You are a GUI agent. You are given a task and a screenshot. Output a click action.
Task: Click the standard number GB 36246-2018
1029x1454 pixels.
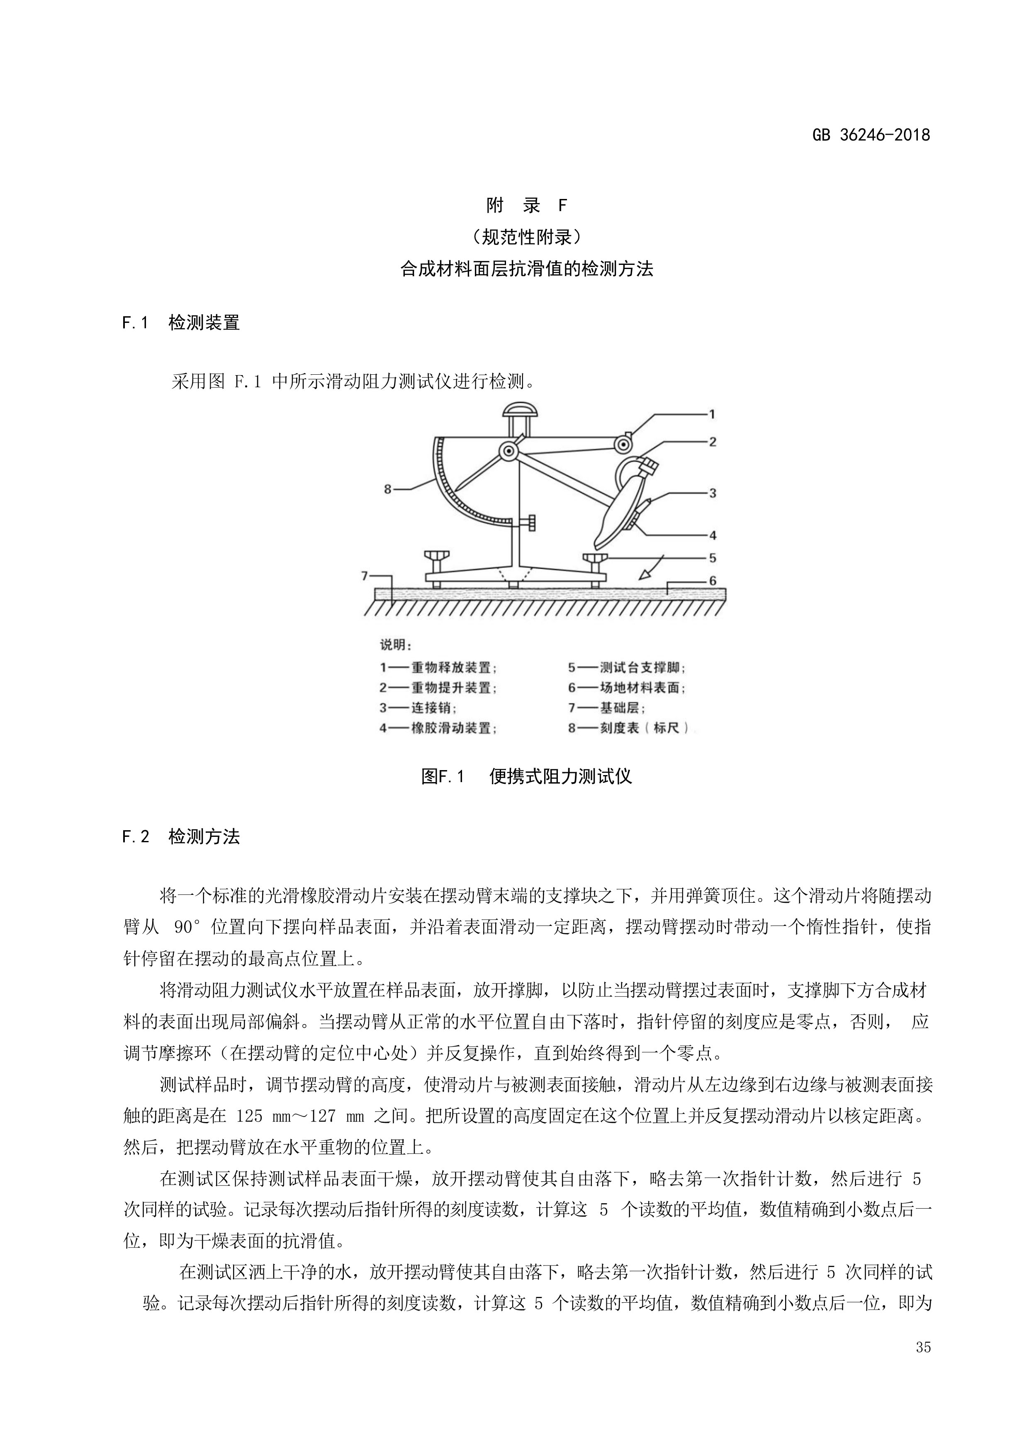pos(871,135)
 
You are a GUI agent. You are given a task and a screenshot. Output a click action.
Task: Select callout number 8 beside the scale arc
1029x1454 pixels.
pos(388,489)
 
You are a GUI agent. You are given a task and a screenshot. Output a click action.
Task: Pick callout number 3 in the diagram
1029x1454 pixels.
pos(712,493)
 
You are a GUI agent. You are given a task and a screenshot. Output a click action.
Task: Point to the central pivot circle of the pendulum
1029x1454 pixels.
pos(508,451)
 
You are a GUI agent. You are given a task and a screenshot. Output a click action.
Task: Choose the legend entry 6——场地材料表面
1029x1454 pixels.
pos(627,688)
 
